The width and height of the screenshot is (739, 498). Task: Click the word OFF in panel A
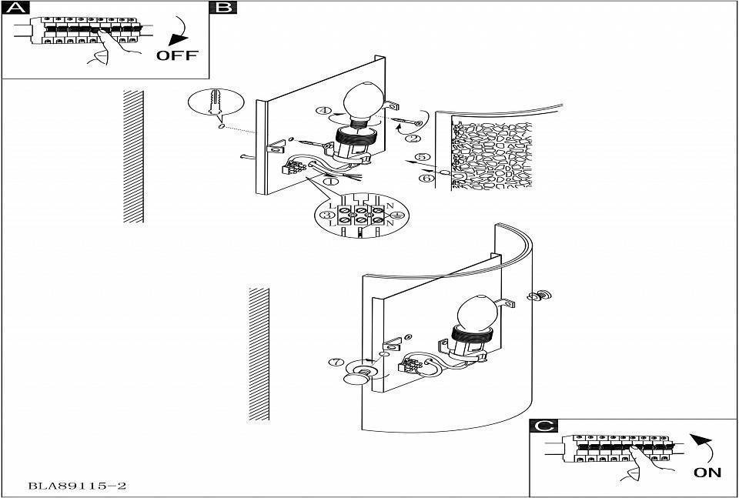[177, 55]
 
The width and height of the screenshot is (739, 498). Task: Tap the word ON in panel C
[707, 472]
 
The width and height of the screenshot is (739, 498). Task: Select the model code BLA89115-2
[77, 485]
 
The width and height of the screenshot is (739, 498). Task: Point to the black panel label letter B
[224, 7]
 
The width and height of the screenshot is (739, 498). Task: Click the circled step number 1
[331, 180]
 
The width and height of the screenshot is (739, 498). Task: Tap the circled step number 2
[413, 138]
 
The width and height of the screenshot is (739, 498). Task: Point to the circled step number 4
[324, 111]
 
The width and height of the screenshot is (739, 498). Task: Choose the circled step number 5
[423, 157]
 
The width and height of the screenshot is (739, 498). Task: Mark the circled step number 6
[426, 178]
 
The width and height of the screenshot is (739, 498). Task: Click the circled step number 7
[336, 363]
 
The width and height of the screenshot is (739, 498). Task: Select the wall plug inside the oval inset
[215, 102]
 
